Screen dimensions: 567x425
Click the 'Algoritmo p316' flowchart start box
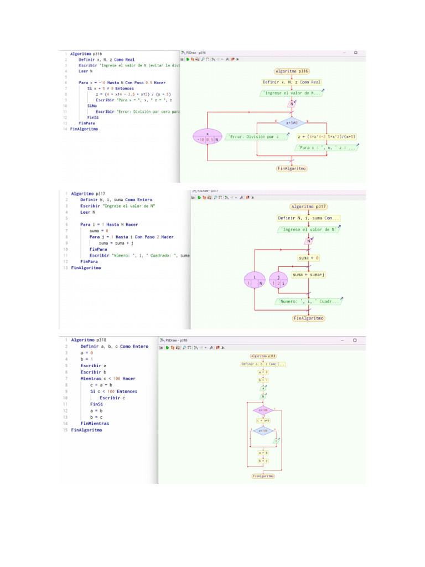click(292, 71)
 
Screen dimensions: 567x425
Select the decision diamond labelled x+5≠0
click(292, 123)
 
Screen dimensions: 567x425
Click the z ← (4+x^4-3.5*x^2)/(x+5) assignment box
click(326, 136)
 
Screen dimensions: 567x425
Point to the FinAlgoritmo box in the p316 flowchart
click(292, 168)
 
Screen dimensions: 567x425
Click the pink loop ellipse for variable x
click(207, 136)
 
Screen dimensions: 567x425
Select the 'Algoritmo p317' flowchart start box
click(309, 207)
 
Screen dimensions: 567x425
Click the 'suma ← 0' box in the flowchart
click(309, 258)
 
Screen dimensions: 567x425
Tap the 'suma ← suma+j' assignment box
click(309, 274)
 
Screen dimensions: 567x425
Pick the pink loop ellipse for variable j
click(279, 280)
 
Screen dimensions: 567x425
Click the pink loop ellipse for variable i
click(254, 280)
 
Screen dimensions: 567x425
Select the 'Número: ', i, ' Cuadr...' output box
click(309, 302)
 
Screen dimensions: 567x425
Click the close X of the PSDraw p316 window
click(356, 53)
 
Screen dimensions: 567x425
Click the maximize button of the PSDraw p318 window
click(355, 340)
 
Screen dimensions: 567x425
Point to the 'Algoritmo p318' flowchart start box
click(263, 356)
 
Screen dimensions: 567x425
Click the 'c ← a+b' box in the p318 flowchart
click(263, 421)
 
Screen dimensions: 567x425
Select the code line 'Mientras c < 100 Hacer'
click(107, 379)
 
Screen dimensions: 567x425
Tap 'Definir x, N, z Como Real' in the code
click(106, 60)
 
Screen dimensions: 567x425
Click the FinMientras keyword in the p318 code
click(95, 424)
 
